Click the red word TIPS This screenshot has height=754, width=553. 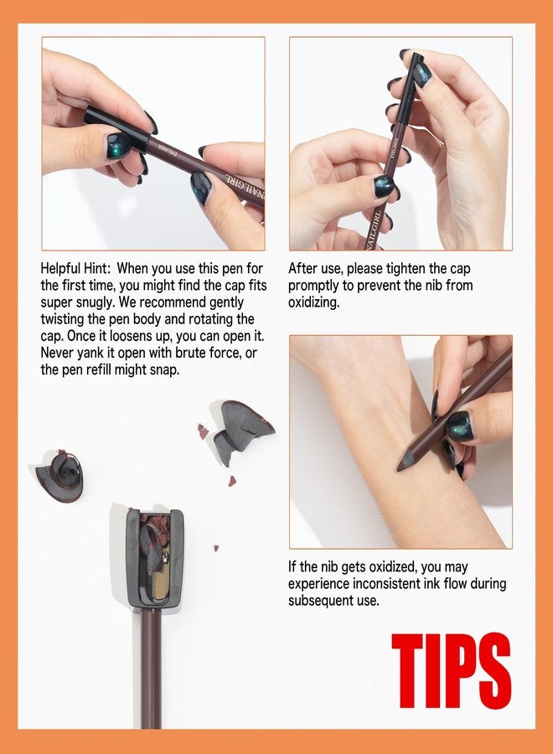(x=451, y=671)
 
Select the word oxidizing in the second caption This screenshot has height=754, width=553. (x=313, y=302)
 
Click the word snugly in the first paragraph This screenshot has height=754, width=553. (x=94, y=302)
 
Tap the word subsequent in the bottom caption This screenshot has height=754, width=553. (x=333, y=600)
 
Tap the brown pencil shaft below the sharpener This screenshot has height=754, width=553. (x=151, y=669)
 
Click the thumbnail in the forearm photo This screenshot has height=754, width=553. (x=459, y=426)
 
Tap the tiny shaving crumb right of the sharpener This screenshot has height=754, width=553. (x=216, y=548)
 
